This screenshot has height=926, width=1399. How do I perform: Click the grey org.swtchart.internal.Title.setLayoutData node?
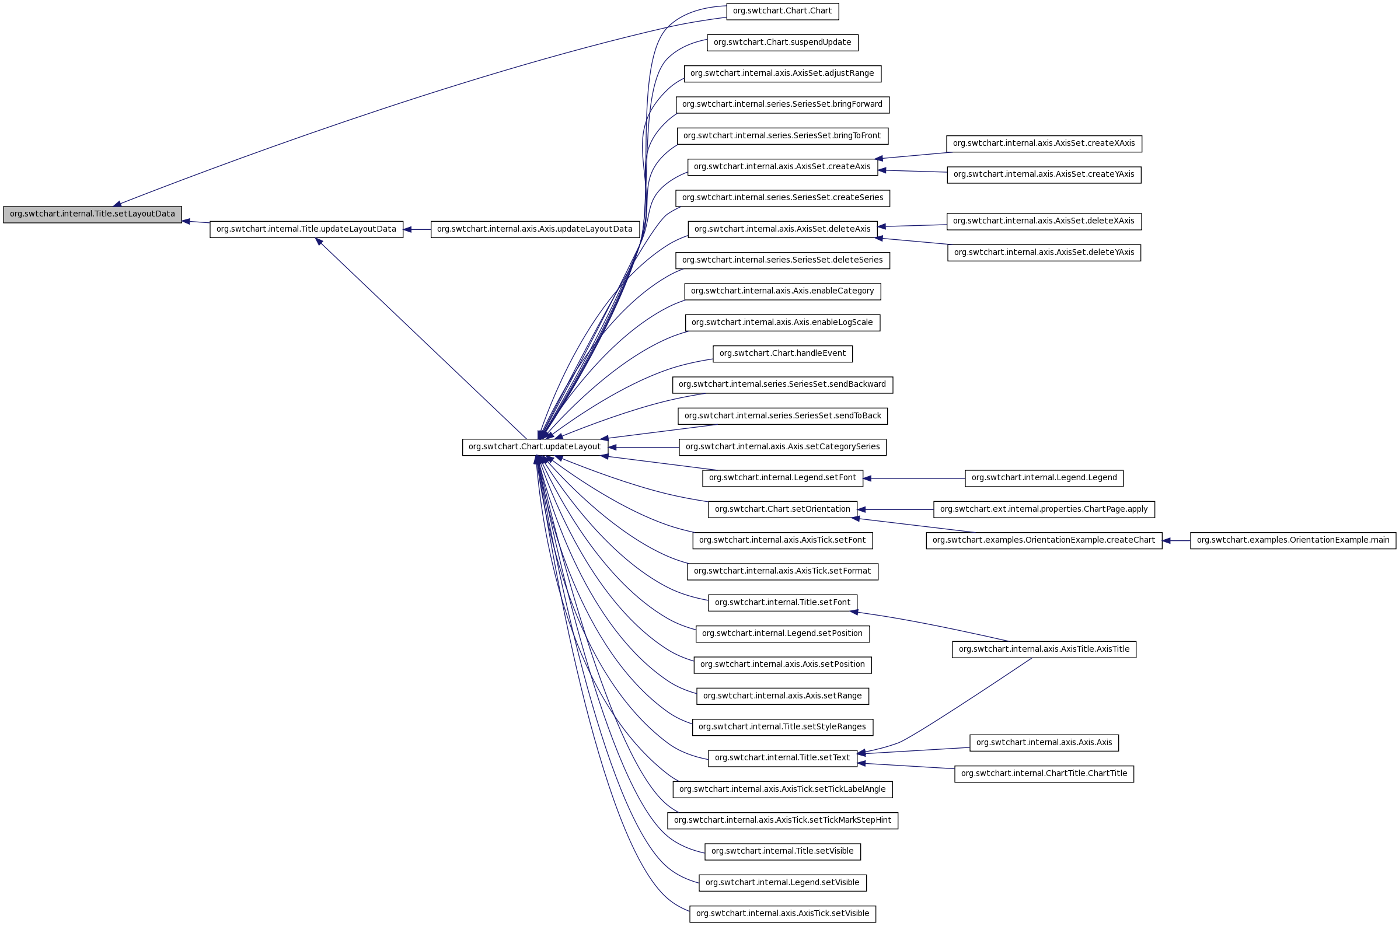(92, 214)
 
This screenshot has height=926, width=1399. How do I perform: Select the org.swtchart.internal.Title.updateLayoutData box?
(306, 230)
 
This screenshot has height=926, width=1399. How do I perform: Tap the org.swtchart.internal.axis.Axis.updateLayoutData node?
(535, 230)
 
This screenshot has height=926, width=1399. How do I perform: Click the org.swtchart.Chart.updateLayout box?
(535, 447)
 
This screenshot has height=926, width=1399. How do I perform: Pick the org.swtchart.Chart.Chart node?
(782, 11)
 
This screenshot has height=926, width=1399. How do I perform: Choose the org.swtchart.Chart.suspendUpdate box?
(782, 43)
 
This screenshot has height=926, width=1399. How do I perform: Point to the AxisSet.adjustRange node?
(782, 74)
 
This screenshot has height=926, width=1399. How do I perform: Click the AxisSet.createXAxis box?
(1044, 144)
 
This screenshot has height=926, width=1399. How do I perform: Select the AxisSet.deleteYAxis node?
(1044, 253)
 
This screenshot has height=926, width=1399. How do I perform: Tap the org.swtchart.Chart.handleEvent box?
(782, 354)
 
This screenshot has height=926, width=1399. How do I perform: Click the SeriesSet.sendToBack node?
(782, 417)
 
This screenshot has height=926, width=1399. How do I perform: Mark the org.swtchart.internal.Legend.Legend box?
(1044, 478)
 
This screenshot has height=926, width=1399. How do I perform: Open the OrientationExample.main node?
(1293, 540)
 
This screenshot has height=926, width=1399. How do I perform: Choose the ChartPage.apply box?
(1044, 509)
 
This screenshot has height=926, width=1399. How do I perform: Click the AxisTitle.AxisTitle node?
(1044, 649)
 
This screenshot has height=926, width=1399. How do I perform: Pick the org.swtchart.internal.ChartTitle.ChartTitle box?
(1044, 774)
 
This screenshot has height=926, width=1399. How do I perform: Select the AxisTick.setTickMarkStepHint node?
(782, 821)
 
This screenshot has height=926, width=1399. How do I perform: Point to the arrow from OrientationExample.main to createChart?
(1176, 540)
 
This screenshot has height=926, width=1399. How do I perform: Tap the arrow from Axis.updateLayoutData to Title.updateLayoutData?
(417, 230)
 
